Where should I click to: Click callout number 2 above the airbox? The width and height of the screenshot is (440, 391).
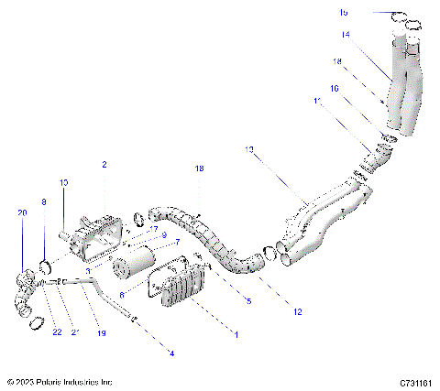104,165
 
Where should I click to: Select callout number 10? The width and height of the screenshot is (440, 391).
64,183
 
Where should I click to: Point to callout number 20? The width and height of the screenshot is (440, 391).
22,212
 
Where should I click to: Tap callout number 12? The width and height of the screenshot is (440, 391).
296,312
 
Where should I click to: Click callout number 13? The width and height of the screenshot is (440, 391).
248,148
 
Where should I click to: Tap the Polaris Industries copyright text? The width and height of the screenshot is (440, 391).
60,381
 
